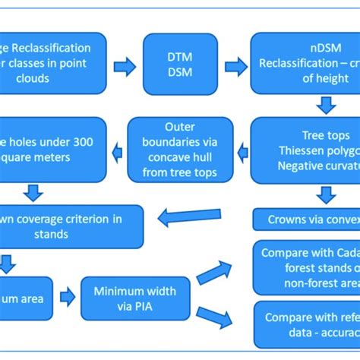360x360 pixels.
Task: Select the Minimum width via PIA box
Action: pyautogui.click(x=134, y=297)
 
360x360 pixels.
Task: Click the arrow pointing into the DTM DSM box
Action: pyautogui.click(x=121, y=66)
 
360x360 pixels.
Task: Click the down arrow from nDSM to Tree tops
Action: pyautogui.click(x=326, y=104)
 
